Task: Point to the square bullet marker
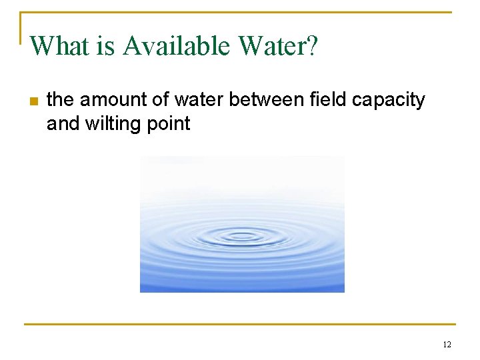(34, 101)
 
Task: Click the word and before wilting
(63, 123)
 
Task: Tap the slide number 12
(447, 345)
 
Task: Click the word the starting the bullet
(60, 100)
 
